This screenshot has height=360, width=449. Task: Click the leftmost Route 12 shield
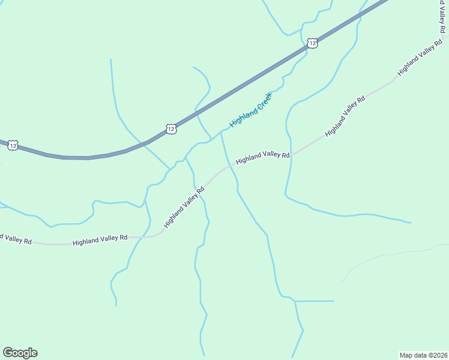point(13,145)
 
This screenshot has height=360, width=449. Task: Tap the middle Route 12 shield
point(172,129)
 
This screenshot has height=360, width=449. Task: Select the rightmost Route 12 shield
point(312,43)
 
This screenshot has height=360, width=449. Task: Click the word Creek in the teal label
point(262,103)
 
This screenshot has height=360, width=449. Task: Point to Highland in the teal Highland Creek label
point(242,118)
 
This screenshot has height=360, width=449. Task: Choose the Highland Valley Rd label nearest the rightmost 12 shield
point(345,116)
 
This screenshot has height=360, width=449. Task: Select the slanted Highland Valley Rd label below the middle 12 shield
point(184,206)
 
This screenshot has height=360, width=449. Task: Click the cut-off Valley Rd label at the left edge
point(16,238)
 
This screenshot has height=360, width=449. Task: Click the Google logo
point(20,353)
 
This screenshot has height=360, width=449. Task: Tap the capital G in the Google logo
point(8,353)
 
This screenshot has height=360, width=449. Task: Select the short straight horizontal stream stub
point(315,301)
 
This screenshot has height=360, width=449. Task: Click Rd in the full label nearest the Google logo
point(122,238)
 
